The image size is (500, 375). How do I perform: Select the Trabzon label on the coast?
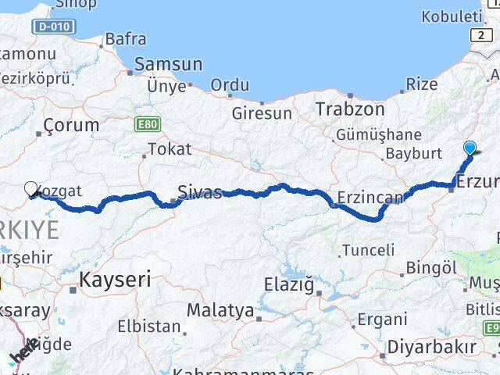350,109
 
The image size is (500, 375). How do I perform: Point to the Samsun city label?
168,65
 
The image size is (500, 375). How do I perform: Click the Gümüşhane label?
379,135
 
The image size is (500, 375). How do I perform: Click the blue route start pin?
470,148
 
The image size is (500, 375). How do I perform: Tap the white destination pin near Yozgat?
31,189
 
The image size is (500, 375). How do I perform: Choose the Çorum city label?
72,125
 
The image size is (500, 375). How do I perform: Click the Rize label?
423,84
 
